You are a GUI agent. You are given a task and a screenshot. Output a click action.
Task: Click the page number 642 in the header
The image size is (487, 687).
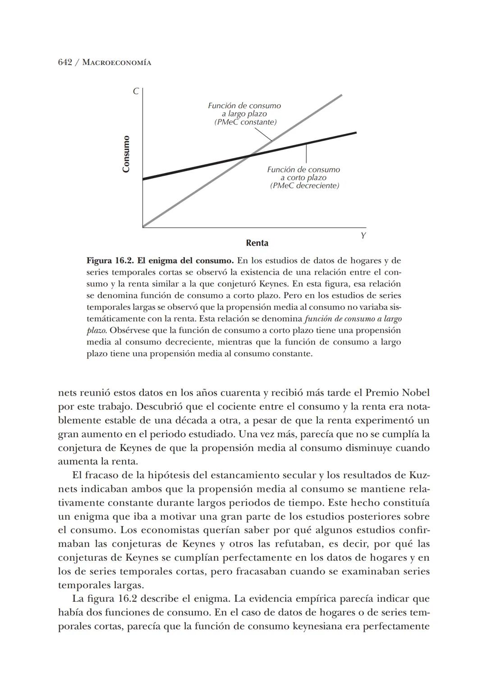point(65,62)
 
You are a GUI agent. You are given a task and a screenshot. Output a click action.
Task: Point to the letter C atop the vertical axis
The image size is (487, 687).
point(135,92)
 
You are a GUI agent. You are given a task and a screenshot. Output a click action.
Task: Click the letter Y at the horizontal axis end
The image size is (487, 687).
point(363,236)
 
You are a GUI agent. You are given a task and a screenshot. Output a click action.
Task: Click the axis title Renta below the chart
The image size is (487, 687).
point(257,243)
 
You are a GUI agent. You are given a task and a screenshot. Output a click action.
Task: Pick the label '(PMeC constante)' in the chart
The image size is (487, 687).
point(245,122)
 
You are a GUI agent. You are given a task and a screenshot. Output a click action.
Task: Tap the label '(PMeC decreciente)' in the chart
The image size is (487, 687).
point(304,186)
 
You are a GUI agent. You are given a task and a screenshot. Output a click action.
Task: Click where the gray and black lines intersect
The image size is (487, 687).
point(250,156)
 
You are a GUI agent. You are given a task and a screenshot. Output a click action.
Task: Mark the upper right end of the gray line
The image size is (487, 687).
point(341,95)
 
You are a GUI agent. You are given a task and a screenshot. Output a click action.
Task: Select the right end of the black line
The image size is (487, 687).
point(356,133)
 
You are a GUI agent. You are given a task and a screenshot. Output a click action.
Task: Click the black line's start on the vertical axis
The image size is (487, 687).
point(143,179)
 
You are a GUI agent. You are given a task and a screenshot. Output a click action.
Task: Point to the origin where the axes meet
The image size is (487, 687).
point(143,227)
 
